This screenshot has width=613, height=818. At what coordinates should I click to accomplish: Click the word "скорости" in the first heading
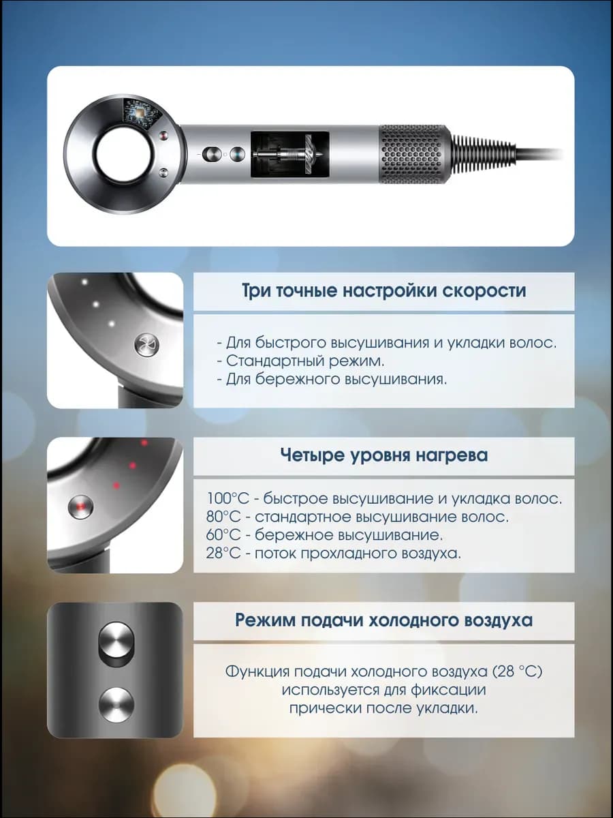484,290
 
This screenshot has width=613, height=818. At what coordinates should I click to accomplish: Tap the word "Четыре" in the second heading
312,455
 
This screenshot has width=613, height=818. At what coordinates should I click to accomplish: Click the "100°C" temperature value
227,498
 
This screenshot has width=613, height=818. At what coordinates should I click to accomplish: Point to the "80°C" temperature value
223,517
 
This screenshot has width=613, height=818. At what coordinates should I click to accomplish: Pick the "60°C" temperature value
223,535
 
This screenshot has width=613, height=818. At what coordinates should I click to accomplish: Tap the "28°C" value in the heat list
223,554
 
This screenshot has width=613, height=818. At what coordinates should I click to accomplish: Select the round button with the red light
81,507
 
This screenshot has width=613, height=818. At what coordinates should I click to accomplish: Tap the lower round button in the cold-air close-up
116,705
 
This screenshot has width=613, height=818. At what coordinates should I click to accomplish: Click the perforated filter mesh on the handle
414,154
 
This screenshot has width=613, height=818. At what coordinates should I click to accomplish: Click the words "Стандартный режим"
304,361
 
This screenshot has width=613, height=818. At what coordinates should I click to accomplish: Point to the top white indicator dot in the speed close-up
84,282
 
